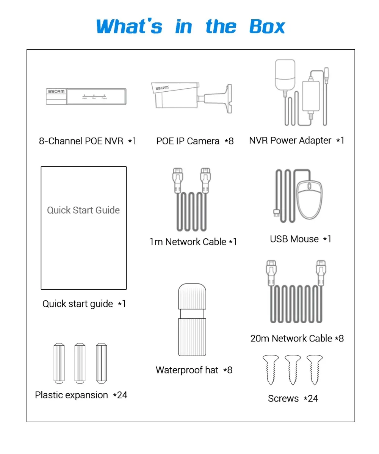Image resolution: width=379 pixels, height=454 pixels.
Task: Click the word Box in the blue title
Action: (x=267, y=27)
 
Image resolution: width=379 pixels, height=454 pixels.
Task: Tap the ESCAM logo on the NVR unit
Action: (x=56, y=91)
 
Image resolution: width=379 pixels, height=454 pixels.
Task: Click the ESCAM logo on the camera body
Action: (x=162, y=88)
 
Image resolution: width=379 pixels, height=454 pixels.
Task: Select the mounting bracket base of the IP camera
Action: (x=229, y=98)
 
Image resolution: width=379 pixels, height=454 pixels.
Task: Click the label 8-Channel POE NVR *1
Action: (x=87, y=141)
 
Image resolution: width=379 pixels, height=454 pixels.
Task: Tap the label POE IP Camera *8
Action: (x=195, y=141)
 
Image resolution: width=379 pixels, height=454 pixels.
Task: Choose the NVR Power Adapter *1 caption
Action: (x=296, y=141)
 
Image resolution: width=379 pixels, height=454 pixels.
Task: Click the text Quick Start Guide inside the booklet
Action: (x=83, y=210)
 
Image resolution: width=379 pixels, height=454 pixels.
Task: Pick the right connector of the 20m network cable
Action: (x=321, y=272)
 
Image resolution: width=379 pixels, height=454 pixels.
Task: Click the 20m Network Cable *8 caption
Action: (x=297, y=338)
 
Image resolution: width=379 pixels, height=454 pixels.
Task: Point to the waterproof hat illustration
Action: (x=193, y=319)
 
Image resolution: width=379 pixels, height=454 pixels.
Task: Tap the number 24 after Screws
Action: (x=313, y=398)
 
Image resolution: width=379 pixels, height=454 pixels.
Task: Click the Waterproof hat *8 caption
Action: (x=194, y=370)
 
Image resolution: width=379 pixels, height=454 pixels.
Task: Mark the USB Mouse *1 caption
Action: (x=300, y=239)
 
